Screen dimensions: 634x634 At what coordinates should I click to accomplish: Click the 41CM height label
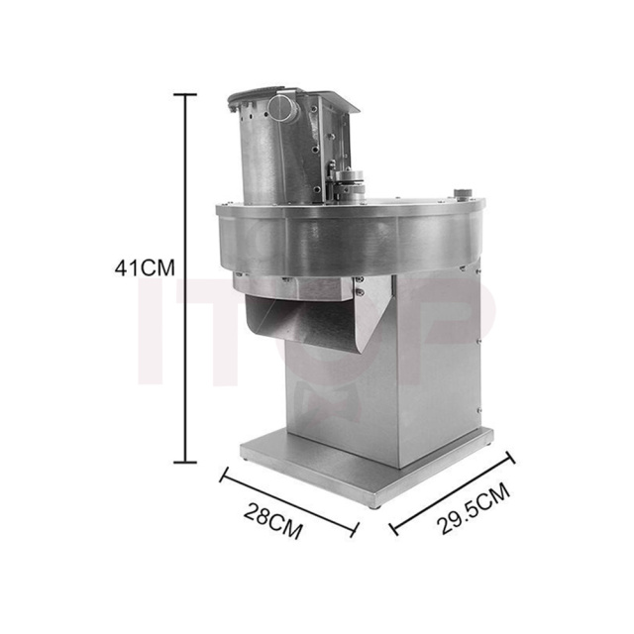coord(145,267)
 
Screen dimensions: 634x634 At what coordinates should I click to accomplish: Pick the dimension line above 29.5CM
coord(452,490)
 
